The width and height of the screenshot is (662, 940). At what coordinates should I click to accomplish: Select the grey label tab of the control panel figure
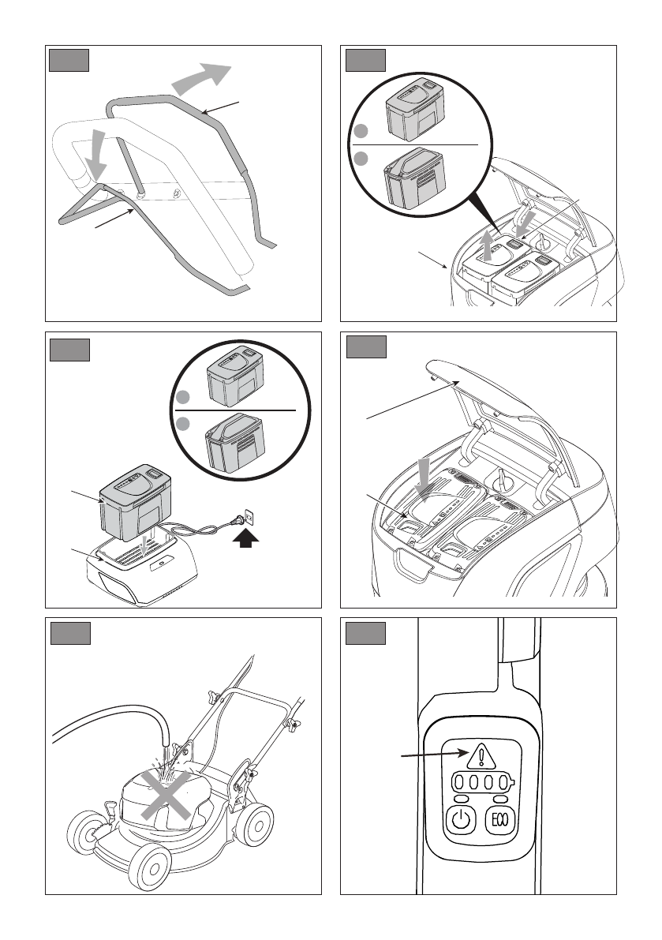point(367,635)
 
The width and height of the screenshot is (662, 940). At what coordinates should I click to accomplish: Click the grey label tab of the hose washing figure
point(69,635)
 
